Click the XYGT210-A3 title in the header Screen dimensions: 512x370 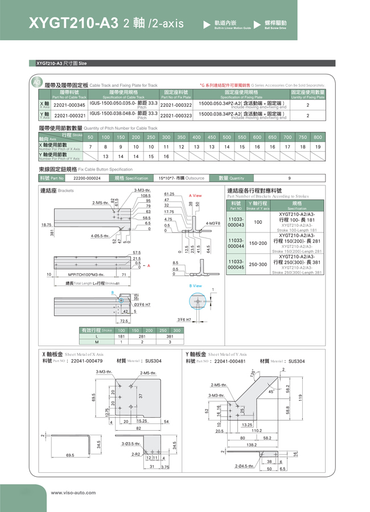point(73,23)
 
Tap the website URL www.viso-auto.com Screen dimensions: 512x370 point(73,493)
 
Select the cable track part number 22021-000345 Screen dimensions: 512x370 point(69,105)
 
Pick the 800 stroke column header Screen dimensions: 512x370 point(318,137)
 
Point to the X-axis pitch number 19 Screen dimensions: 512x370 point(318,147)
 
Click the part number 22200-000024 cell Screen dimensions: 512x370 point(87,178)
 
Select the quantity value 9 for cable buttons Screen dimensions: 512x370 point(289,178)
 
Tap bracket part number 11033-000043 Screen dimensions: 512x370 point(236,222)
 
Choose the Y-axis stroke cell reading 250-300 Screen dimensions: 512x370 point(258,264)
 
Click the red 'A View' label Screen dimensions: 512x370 point(195,195)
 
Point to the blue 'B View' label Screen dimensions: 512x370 point(195,285)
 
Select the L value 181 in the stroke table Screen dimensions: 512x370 point(121,336)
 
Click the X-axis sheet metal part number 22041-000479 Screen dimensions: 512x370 point(87,361)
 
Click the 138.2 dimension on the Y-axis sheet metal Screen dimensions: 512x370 point(251,444)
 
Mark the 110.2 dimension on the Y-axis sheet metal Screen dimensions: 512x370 point(257,431)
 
